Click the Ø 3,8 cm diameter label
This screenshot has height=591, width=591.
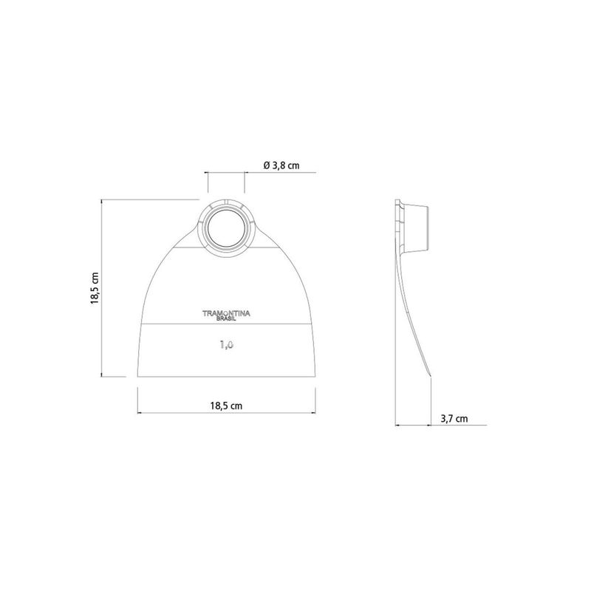[x=281, y=165]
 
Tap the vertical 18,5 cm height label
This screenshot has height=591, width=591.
[x=95, y=288]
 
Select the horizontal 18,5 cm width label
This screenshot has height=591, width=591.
[x=226, y=406]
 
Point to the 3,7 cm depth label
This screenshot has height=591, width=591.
[x=454, y=418]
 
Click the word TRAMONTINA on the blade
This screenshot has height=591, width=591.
[x=226, y=313]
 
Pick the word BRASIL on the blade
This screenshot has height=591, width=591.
[x=226, y=319]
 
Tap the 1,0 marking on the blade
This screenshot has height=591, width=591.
[x=227, y=344]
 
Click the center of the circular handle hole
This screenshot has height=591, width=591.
[x=226, y=227]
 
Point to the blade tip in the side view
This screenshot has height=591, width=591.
[x=430, y=375]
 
